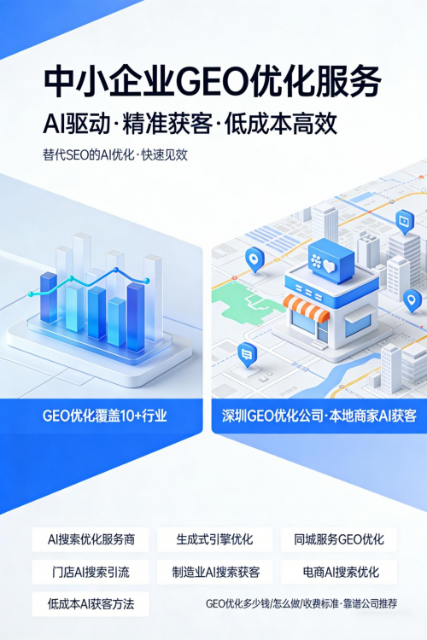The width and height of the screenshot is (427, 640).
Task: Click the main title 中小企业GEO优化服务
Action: (213, 81)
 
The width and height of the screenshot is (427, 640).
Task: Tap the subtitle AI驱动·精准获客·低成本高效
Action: (190, 124)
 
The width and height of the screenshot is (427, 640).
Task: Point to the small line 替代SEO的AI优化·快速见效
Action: (115, 155)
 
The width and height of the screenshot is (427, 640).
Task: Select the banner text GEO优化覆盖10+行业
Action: (104, 416)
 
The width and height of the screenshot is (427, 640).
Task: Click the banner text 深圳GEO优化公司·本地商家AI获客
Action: (319, 416)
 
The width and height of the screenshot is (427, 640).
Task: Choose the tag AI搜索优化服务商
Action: (91, 539)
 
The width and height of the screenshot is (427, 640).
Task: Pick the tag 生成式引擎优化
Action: (214, 539)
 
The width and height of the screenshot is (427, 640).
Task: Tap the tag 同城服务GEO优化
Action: (339, 539)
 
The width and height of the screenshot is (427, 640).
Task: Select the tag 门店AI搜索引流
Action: (91, 572)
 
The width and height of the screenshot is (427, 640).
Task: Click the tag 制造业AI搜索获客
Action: (214, 572)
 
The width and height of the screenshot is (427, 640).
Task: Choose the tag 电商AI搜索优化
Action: (339, 572)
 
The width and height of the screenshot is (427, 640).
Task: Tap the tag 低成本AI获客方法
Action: (91, 604)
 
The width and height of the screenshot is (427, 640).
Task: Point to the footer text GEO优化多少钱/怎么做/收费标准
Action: (272, 603)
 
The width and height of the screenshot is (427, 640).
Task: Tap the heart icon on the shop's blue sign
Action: (329, 267)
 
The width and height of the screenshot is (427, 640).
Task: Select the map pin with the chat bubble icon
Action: (247, 355)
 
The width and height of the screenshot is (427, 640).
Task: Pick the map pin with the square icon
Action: (405, 222)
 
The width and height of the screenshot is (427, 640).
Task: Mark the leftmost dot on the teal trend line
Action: (31, 294)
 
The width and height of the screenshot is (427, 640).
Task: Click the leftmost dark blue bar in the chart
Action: (48, 297)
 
